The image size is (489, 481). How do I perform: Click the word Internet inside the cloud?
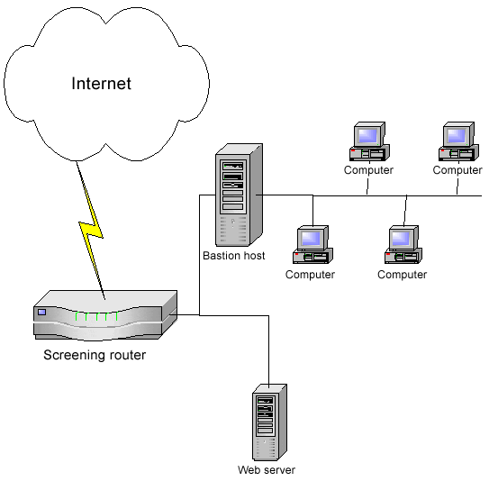click(x=102, y=83)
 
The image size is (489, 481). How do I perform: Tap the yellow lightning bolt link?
click(x=91, y=231)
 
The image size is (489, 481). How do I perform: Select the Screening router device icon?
click(x=105, y=315)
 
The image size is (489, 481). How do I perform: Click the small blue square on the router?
click(x=41, y=312)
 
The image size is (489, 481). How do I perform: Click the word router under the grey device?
click(x=127, y=355)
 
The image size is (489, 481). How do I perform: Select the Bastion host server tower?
click(x=240, y=195)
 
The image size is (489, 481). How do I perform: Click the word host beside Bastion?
click(x=254, y=256)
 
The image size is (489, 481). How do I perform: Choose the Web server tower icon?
click(x=269, y=422)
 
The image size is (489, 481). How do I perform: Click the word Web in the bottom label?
click(x=247, y=470)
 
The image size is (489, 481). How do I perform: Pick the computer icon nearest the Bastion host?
click(x=312, y=245)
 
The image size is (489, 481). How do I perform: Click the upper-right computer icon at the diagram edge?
click(x=458, y=141)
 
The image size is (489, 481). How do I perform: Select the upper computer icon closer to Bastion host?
click(x=369, y=141)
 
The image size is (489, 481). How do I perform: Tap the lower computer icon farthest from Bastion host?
click(x=403, y=245)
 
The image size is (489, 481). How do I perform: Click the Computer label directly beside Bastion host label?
click(x=310, y=275)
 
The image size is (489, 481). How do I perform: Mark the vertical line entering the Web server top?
click(x=269, y=351)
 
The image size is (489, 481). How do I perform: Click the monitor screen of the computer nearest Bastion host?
click(x=311, y=239)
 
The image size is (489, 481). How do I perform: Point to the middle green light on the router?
click(x=97, y=316)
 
